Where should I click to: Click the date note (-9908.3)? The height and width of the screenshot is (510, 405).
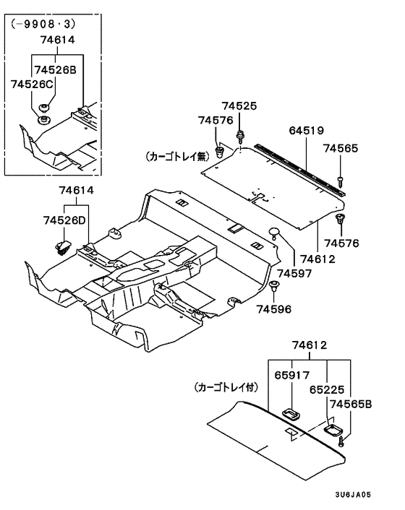coord(43,24)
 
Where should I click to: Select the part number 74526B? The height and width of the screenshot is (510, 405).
coord(55,69)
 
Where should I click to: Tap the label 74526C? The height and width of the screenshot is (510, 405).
coord(32,85)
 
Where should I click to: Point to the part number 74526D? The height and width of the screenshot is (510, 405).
coord(64,220)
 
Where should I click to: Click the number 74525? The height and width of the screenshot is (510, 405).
coord(239,105)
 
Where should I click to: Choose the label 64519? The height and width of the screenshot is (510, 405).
coord(307,131)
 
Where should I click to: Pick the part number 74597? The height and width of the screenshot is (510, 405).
coord(294,273)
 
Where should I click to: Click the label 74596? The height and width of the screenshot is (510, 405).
coord(274,309)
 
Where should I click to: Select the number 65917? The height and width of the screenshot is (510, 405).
coord(291,375)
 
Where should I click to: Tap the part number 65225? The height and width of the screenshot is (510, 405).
coord(327,389)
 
